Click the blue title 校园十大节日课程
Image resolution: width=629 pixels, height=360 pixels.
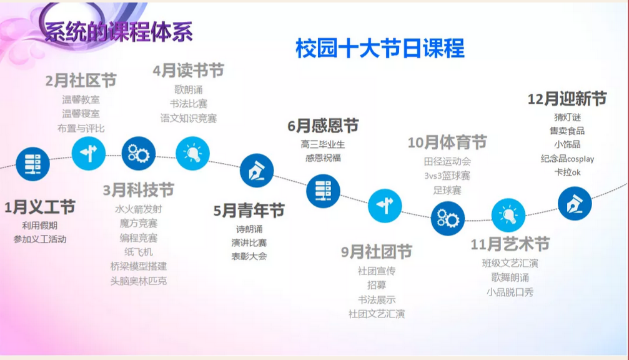click(380, 48)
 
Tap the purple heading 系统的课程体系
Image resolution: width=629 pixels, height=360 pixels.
click(119, 32)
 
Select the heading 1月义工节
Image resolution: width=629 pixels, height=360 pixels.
click(40, 207)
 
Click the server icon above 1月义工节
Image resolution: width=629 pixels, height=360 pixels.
click(33, 164)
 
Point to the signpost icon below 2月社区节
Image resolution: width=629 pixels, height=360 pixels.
click(89, 153)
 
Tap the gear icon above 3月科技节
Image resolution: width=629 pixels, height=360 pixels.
click(139, 153)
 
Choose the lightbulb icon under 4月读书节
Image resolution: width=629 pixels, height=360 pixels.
click(192, 153)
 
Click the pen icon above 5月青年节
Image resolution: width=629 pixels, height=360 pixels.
click(257, 171)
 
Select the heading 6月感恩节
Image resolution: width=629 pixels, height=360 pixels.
click(323, 126)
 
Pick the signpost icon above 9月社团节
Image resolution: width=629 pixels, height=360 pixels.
click(385, 206)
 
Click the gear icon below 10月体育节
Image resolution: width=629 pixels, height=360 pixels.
click(448, 219)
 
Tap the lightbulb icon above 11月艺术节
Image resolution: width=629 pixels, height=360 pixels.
click(508, 215)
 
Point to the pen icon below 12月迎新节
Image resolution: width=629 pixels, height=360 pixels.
click(575, 204)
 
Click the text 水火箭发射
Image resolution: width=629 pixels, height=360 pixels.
click(139, 209)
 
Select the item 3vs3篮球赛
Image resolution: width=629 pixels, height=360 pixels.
click(447, 176)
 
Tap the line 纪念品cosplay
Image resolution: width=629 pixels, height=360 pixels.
click(567, 159)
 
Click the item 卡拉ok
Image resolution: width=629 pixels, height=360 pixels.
click(567, 172)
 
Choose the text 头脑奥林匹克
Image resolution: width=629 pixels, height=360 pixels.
click(139, 281)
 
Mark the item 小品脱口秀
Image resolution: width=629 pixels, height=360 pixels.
click(510, 292)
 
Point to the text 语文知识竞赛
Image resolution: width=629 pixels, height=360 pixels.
click(189, 118)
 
